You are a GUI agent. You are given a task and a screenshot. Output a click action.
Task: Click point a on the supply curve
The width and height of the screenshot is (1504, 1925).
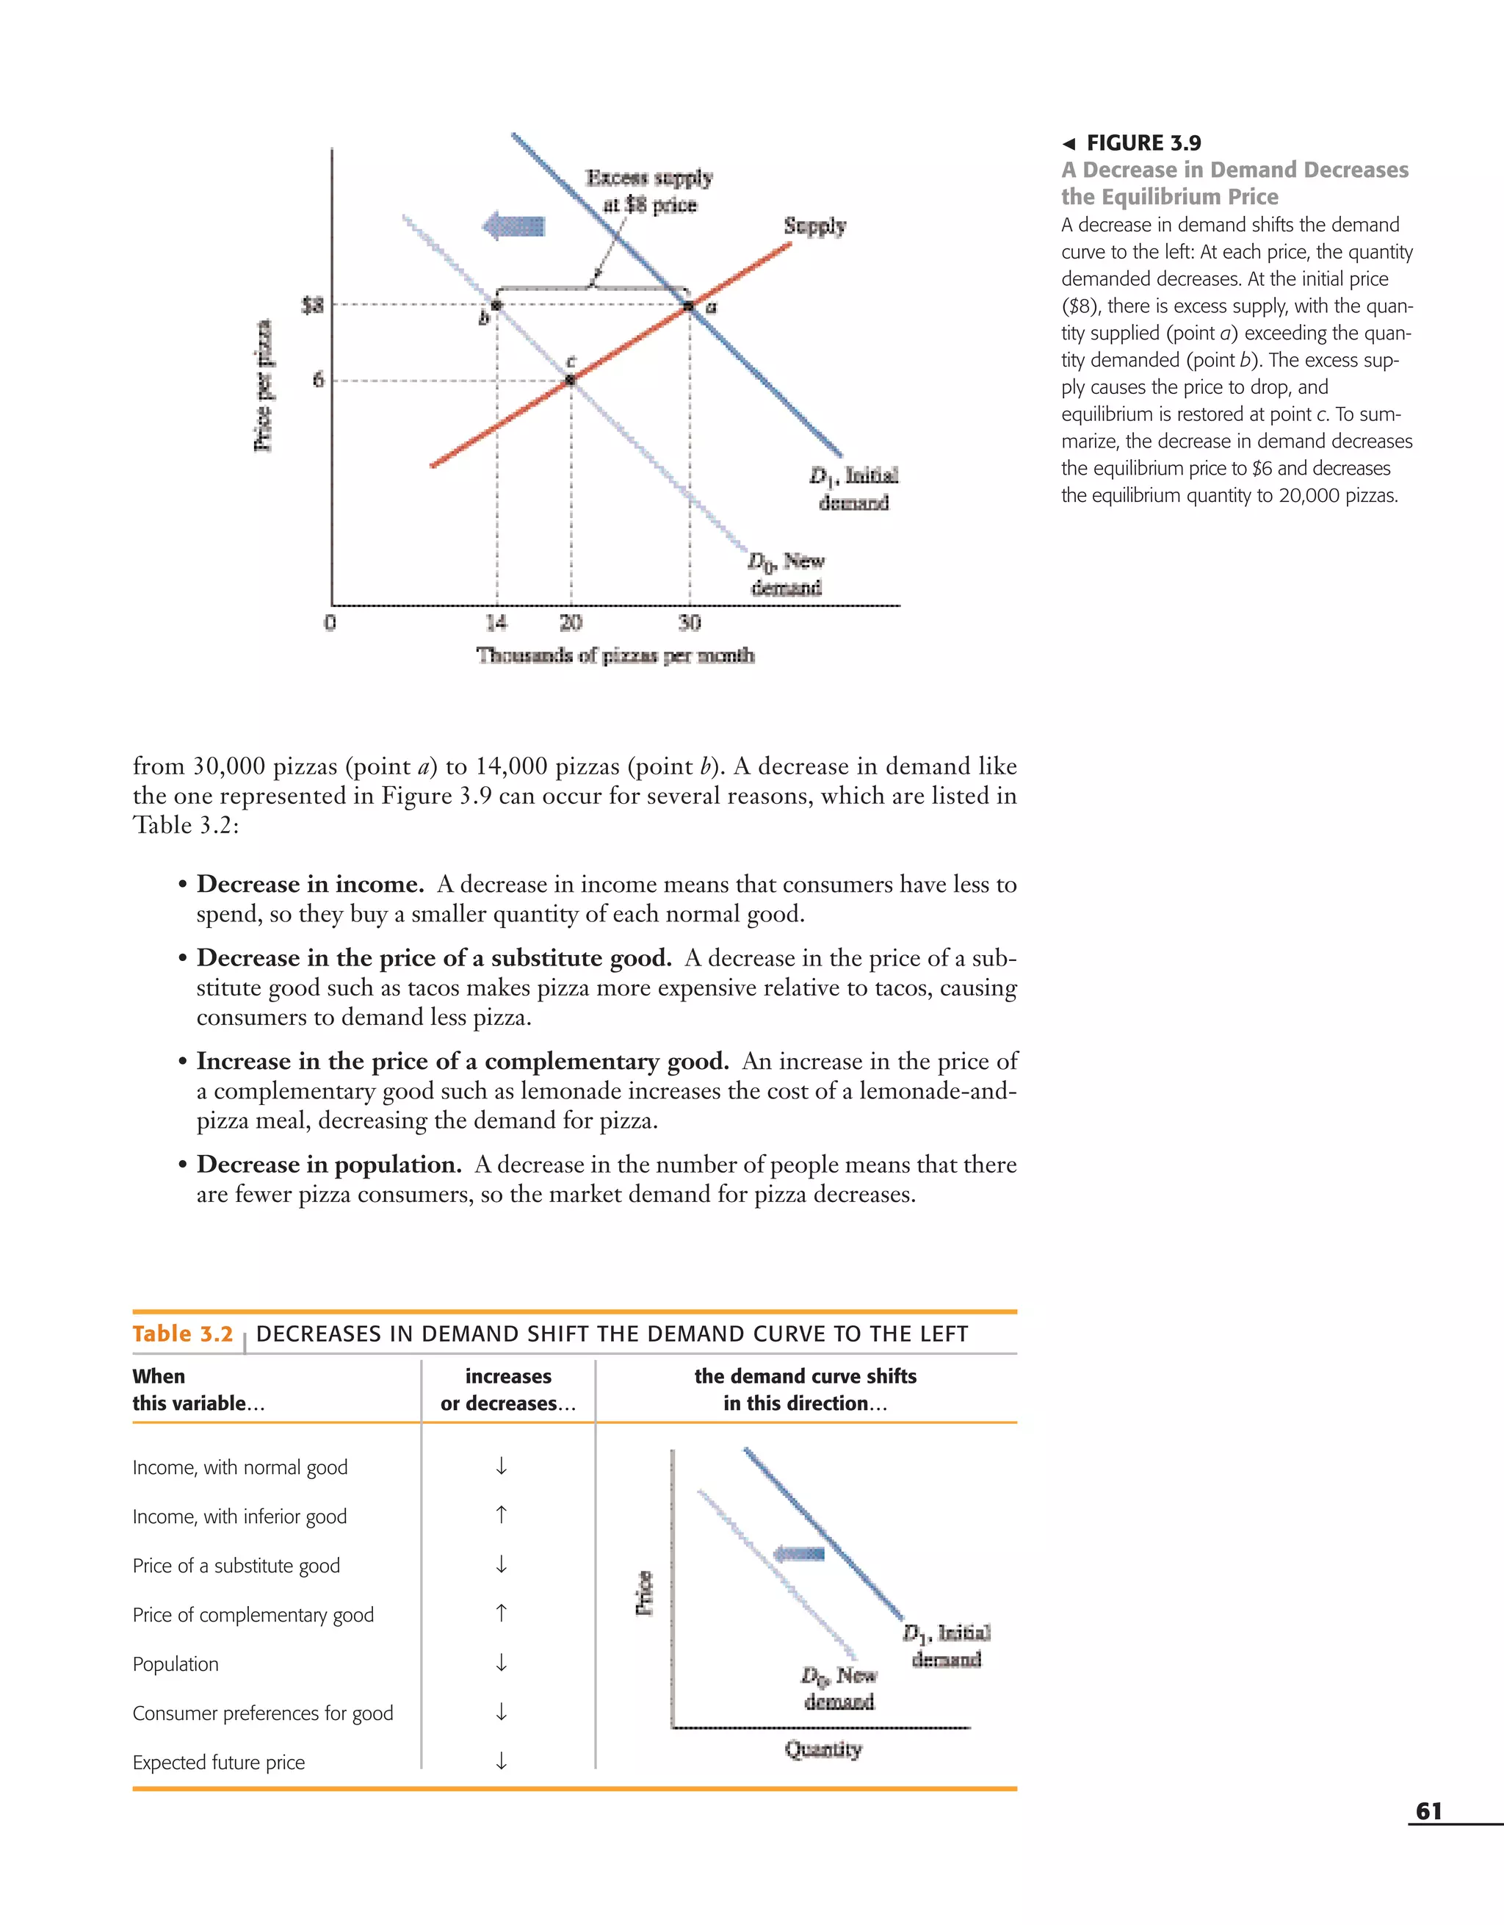click(689, 306)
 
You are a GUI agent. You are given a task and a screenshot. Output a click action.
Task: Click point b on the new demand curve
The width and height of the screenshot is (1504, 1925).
click(496, 305)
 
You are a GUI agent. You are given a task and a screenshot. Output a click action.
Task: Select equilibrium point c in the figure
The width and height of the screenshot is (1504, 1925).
click(570, 380)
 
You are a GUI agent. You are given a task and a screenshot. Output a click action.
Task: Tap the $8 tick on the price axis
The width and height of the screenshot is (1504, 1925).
click(313, 306)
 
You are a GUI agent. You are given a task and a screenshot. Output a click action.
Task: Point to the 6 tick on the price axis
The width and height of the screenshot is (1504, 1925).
click(318, 380)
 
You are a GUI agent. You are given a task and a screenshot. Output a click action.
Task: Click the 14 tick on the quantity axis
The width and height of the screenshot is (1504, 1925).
click(497, 622)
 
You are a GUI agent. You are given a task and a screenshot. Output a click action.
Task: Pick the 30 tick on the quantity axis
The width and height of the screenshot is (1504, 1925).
click(689, 622)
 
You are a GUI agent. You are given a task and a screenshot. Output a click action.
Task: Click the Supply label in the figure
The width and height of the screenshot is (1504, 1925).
click(814, 226)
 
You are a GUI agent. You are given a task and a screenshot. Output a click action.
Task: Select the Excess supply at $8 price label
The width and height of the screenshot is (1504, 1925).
click(649, 191)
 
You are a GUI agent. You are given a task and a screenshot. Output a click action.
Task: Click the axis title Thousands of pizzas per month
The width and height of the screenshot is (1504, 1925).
click(615, 655)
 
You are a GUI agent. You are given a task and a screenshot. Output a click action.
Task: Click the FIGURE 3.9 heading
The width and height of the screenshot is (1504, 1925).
click(1143, 143)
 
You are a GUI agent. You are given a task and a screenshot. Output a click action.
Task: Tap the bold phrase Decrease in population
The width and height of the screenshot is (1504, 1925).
click(329, 1165)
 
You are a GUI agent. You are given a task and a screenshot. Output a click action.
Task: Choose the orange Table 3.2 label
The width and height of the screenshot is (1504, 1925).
click(182, 1334)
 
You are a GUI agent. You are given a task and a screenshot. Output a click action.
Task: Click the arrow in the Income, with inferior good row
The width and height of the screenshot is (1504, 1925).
click(500, 1515)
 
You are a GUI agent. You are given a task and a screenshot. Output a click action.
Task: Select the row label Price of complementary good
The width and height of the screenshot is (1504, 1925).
click(253, 1615)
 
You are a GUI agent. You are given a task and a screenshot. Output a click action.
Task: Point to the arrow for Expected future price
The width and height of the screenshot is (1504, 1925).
click(500, 1761)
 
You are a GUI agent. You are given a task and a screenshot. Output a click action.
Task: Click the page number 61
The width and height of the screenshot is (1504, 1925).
click(1428, 1811)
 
